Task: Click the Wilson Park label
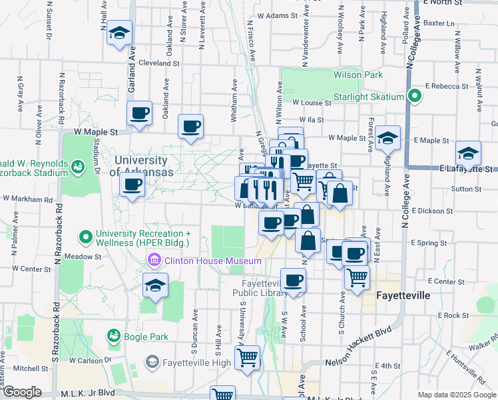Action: (x=359, y=75)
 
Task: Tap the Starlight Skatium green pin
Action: (x=413, y=97)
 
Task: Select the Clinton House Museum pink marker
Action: (x=154, y=260)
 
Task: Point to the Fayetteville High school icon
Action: (x=152, y=363)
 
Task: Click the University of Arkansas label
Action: (x=140, y=166)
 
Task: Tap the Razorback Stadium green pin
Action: (x=79, y=165)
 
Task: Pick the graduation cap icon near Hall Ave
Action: (x=120, y=33)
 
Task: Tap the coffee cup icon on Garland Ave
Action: (x=139, y=114)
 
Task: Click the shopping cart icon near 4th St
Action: (x=248, y=358)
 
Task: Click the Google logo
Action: (x=22, y=392)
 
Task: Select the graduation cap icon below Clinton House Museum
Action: (x=155, y=287)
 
